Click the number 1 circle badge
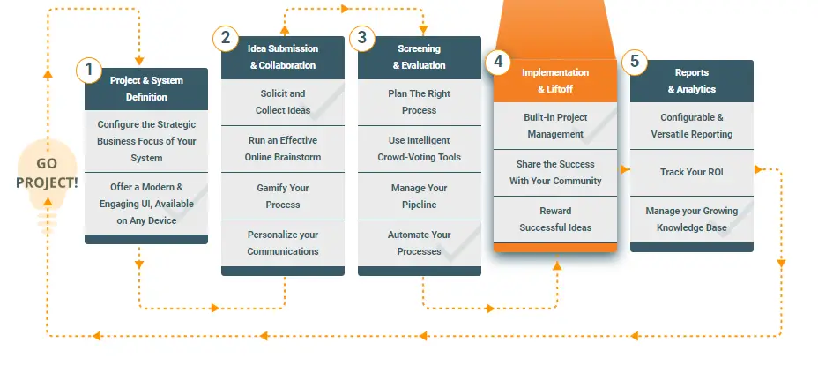89,70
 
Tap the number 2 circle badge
226,38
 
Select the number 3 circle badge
362,38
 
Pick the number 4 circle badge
498,62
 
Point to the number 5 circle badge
635,62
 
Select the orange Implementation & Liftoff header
555,81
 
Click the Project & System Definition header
146,89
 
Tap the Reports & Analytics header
692,81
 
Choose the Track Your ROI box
692,173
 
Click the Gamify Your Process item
283,196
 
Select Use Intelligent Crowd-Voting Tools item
420,149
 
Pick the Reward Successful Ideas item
555,220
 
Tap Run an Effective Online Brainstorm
283,149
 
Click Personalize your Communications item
283,243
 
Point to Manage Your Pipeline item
420,196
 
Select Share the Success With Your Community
555,173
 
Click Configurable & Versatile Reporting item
692,126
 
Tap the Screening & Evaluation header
420,57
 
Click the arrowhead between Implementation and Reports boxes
624,169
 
